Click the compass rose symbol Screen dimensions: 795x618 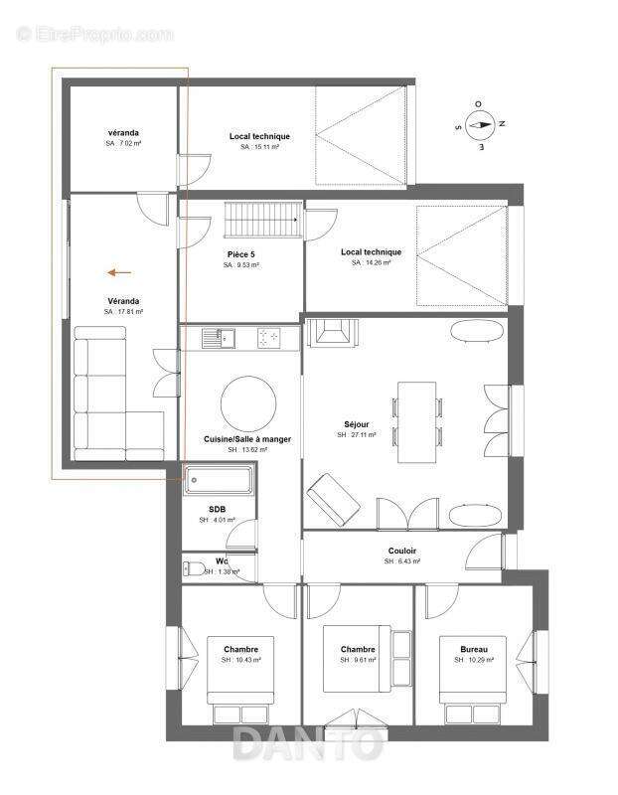point(480,125)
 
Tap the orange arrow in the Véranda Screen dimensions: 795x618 point(121,271)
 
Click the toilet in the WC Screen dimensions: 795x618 point(196,569)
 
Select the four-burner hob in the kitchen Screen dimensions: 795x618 point(269,338)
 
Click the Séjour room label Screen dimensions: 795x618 point(354,423)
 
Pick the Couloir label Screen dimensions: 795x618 point(402,551)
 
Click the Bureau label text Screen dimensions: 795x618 point(474,649)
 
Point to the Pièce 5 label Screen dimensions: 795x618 point(241,254)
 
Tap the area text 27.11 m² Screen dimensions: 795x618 point(356,435)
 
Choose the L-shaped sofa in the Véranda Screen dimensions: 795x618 point(109,397)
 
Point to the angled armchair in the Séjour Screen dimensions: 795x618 point(334,500)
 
